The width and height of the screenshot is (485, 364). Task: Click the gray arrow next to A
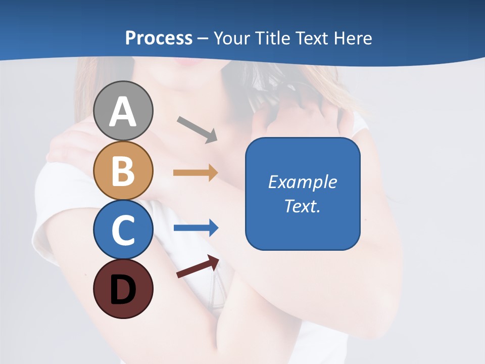(x=197, y=129)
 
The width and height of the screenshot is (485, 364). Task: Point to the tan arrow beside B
(x=196, y=172)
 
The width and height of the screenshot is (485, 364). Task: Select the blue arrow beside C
(x=196, y=227)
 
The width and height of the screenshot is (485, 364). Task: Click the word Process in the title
(x=159, y=38)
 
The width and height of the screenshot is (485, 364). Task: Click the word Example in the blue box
(x=303, y=182)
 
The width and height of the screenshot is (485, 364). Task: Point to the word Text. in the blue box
(x=303, y=206)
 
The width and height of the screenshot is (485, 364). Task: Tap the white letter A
(x=123, y=112)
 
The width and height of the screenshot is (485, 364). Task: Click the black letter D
(x=123, y=290)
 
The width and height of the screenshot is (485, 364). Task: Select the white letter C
(x=123, y=230)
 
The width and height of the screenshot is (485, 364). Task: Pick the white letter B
(x=123, y=171)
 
